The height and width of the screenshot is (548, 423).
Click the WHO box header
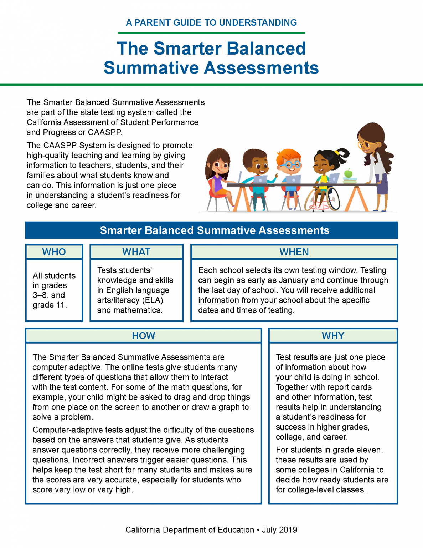(x=54, y=252)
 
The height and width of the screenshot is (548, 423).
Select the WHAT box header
(x=136, y=252)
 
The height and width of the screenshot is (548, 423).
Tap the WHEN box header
(x=294, y=252)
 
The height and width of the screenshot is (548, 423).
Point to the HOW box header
(x=143, y=336)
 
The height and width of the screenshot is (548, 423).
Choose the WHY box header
(x=333, y=336)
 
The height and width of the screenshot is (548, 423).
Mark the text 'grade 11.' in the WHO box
(x=50, y=305)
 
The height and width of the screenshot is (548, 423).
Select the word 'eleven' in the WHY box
(x=370, y=450)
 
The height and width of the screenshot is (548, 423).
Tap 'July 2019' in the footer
(x=280, y=530)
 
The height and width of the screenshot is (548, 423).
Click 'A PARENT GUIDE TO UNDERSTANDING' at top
(x=211, y=23)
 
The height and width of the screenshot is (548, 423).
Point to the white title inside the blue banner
(x=215, y=230)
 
